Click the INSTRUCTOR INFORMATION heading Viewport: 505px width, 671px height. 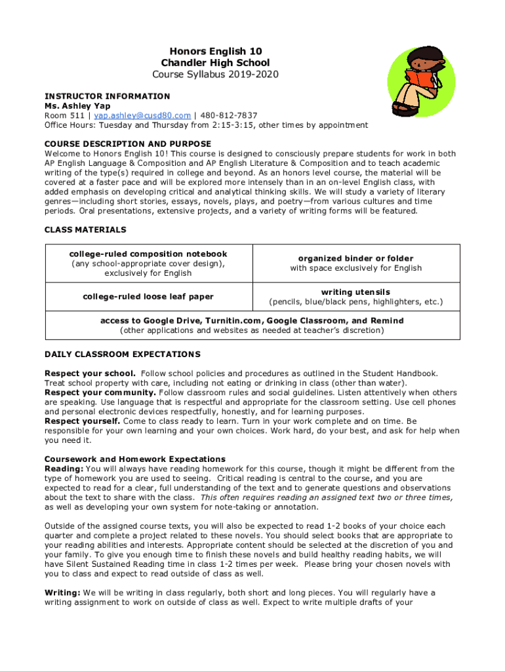tap(107, 96)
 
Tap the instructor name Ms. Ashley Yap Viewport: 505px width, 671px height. tap(77, 105)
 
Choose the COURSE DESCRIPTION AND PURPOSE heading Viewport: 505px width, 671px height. tap(127, 144)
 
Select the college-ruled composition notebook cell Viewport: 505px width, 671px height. tap(148, 263)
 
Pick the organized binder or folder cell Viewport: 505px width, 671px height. tap(356, 263)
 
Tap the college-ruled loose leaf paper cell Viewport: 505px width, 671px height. tap(148, 297)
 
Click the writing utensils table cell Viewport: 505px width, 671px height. tap(356, 297)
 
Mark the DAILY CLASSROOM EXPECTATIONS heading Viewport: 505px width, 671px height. tap(122, 355)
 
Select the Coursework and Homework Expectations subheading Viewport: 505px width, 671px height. tap(134, 459)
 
